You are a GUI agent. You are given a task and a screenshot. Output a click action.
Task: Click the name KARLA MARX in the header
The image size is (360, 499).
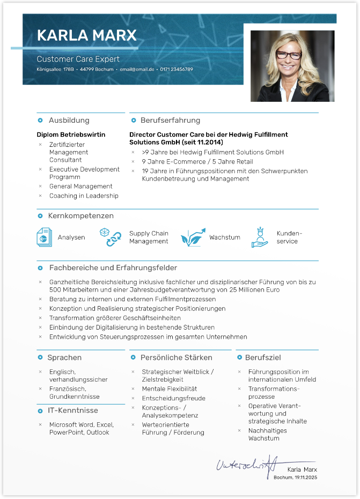point(86,36)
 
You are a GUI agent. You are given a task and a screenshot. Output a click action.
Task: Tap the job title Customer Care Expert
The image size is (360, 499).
point(78,59)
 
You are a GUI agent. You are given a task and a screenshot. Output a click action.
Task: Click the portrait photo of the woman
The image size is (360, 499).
point(292,66)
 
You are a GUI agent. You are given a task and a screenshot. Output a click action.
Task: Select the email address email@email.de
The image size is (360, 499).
point(136,70)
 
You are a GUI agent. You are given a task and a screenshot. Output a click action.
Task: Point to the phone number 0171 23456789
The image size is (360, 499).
point(177,70)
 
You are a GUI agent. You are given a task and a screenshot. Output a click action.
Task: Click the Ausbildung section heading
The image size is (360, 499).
point(69,121)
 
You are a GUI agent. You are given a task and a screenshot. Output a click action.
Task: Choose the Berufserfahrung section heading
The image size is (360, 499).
point(170,121)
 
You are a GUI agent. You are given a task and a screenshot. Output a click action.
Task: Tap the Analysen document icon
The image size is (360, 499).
point(44,237)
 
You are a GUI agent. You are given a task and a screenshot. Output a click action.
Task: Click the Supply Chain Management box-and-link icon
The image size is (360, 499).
point(110,237)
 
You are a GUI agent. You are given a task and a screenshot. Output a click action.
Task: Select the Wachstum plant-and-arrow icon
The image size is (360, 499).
point(193,237)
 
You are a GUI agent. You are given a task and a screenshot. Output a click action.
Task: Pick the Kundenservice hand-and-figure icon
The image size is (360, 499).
point(260,237)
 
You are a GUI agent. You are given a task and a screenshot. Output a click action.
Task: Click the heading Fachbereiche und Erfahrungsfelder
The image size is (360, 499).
point(113,267)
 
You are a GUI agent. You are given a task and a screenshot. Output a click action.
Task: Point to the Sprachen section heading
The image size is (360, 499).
point(64,358)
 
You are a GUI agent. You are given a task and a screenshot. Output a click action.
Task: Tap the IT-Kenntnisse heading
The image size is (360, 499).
point(72,411)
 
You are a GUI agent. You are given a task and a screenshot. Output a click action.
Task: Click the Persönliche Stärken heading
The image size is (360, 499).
point(176,358)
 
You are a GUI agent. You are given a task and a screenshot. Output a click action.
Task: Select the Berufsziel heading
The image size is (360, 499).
point(263,358)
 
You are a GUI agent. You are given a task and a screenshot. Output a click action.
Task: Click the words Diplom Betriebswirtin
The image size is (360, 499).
point(71,135)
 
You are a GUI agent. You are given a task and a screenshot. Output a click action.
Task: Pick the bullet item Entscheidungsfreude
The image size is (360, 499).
point(173,398)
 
